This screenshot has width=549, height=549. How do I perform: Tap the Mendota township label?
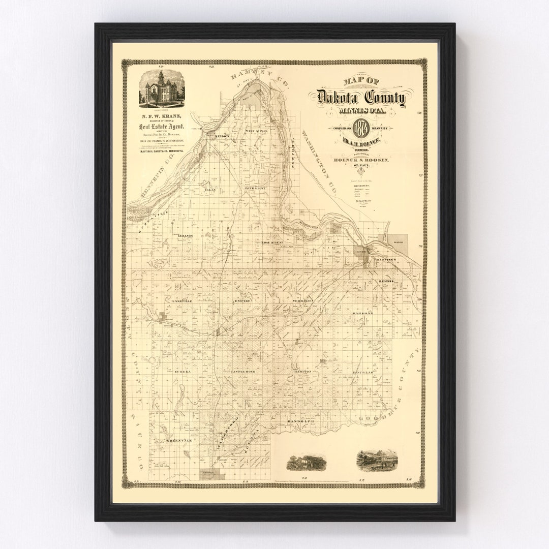pyautogui.click(x=222, y=137)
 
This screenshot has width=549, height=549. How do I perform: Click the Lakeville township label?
pyautogui.click(x=184, y=301)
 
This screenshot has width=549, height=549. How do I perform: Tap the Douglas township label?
pyautogui.click(x=362, y=373)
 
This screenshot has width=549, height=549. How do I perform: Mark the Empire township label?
pyautogui.click(x=242, y=301)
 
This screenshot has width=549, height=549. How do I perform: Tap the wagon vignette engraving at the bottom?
pyautogui.click(x=299, y=462)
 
